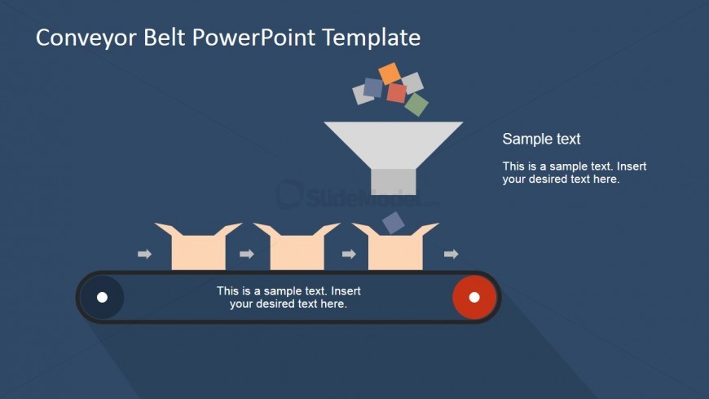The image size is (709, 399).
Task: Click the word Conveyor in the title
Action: pyautogui.click(x=86, y=38)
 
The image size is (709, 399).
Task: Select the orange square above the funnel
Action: pyautogui.click(x=390, y=73)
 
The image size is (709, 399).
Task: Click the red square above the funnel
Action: pyautogui.click(x=397, y=93)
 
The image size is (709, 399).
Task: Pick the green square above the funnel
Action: pyautogui.click(x=416, y=104)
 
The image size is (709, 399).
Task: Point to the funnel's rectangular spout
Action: pyautogui.click(x=393, y=182)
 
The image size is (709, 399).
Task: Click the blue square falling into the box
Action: pyautogui.click(x=393, y=223)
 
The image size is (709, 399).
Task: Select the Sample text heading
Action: pyautogui.click(x=541, y=139)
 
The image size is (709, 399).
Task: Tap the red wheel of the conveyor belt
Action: pyautogui.click(x=474, y=297)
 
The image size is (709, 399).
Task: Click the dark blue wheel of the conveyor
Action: pyautogui.click(x=102, y=297)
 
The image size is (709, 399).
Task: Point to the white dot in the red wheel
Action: pyautogui.click(x=474, y=297)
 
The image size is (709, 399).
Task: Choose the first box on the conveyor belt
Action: pyautogui.click(x=199, y=248)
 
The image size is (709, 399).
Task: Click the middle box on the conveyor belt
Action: pyautogui.click(x=297, y=248)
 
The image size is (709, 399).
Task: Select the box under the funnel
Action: pyautogui.click(x=395, y=248)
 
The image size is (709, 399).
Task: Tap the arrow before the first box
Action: pyautogui.click(x=145, y=254)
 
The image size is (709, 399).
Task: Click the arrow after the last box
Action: pyautogui.click(x=451, y=254)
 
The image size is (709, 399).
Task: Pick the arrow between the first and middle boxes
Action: pyautogui.click(x=247, y=254)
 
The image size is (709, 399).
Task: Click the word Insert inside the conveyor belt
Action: pyautogui.click(x=346, y=290)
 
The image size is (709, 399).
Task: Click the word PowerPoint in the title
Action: pyautogui.click(x=253, y=38)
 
